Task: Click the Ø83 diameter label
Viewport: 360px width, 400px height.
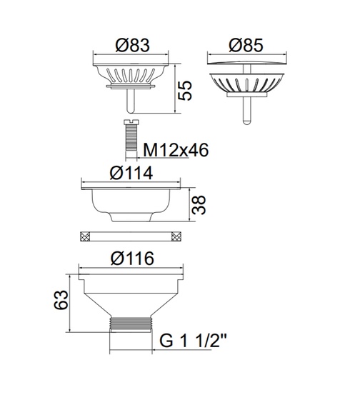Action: (x=132, y=46)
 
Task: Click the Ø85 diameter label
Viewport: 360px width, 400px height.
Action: (x=246, y=46)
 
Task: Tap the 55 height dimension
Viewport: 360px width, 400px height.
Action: (x=185, y=91)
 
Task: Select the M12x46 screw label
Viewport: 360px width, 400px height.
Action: (x=176, y=150)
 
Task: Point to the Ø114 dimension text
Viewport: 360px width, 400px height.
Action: (x=131, y=173)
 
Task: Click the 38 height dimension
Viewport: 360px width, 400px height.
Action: (x=199, y=205)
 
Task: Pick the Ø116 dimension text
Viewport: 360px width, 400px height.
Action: (x=132, y=259)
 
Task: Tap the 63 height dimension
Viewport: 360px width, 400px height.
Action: (x=61, y=299)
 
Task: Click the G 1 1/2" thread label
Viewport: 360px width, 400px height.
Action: (x=194, y=341)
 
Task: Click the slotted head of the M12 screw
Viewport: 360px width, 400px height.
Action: (x=131, y=122)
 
